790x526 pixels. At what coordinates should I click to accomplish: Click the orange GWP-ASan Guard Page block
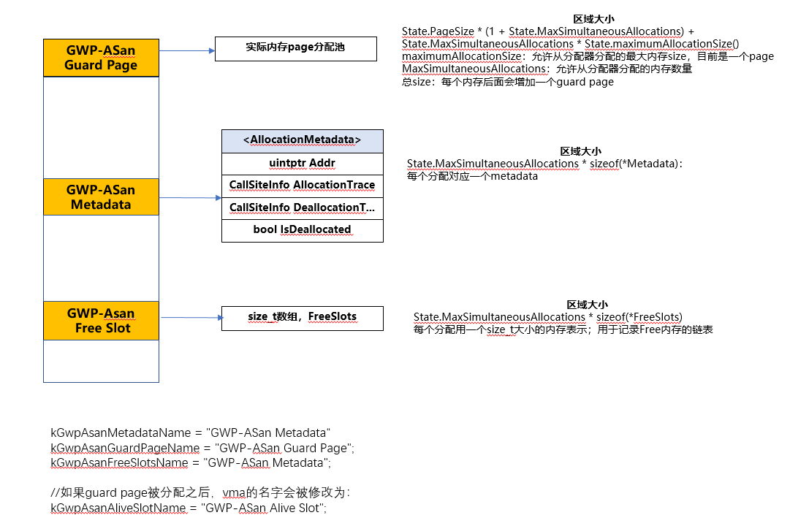pos(101,58)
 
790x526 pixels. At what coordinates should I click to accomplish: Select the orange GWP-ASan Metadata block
pos(101,197)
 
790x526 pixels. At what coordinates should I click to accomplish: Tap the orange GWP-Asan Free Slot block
pos(101,321)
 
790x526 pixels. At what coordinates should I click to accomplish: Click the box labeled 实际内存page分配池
pos(295,49)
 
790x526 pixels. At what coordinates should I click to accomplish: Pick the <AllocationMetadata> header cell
pos(302,140)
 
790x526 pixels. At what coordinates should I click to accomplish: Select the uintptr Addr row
pos(302,162)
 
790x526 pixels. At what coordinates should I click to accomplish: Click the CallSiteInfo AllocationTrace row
pos(302,186)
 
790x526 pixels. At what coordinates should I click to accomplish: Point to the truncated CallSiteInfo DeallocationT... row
pos(302,207)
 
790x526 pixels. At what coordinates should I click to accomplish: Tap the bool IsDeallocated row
pos(302,229)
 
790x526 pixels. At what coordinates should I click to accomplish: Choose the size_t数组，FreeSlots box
pos(302,317)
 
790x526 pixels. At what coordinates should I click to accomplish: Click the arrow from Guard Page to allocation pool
pos(186,51)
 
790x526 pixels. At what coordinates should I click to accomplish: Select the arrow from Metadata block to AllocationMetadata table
pos(190,197)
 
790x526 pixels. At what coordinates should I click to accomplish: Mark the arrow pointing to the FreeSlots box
pos(190,317)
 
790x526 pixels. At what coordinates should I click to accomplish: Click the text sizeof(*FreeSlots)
pos(639,317)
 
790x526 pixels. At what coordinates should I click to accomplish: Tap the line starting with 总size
pos(507,82)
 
